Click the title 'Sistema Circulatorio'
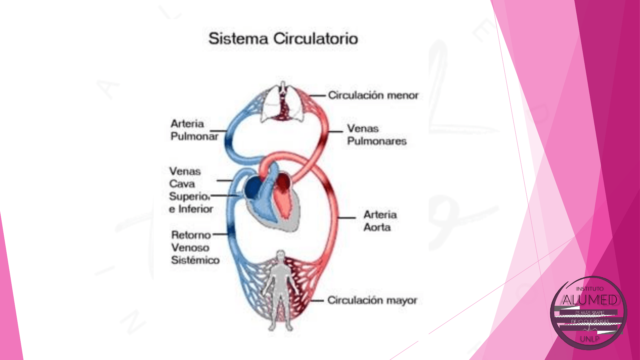(283, 39)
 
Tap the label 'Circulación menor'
(373, 96)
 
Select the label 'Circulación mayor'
(372, 300)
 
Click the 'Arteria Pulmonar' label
(194, 130)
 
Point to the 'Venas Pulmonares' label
(376, 135)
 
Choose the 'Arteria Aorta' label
(380, 221)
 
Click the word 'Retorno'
(191, 235)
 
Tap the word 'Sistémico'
(195, 260)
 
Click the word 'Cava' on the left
(182, 184)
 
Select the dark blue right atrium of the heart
(253, 188)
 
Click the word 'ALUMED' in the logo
(590, 300)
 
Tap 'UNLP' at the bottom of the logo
(589, 339)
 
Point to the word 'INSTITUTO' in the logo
(590, 289)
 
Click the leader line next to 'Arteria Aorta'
(347, 218)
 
